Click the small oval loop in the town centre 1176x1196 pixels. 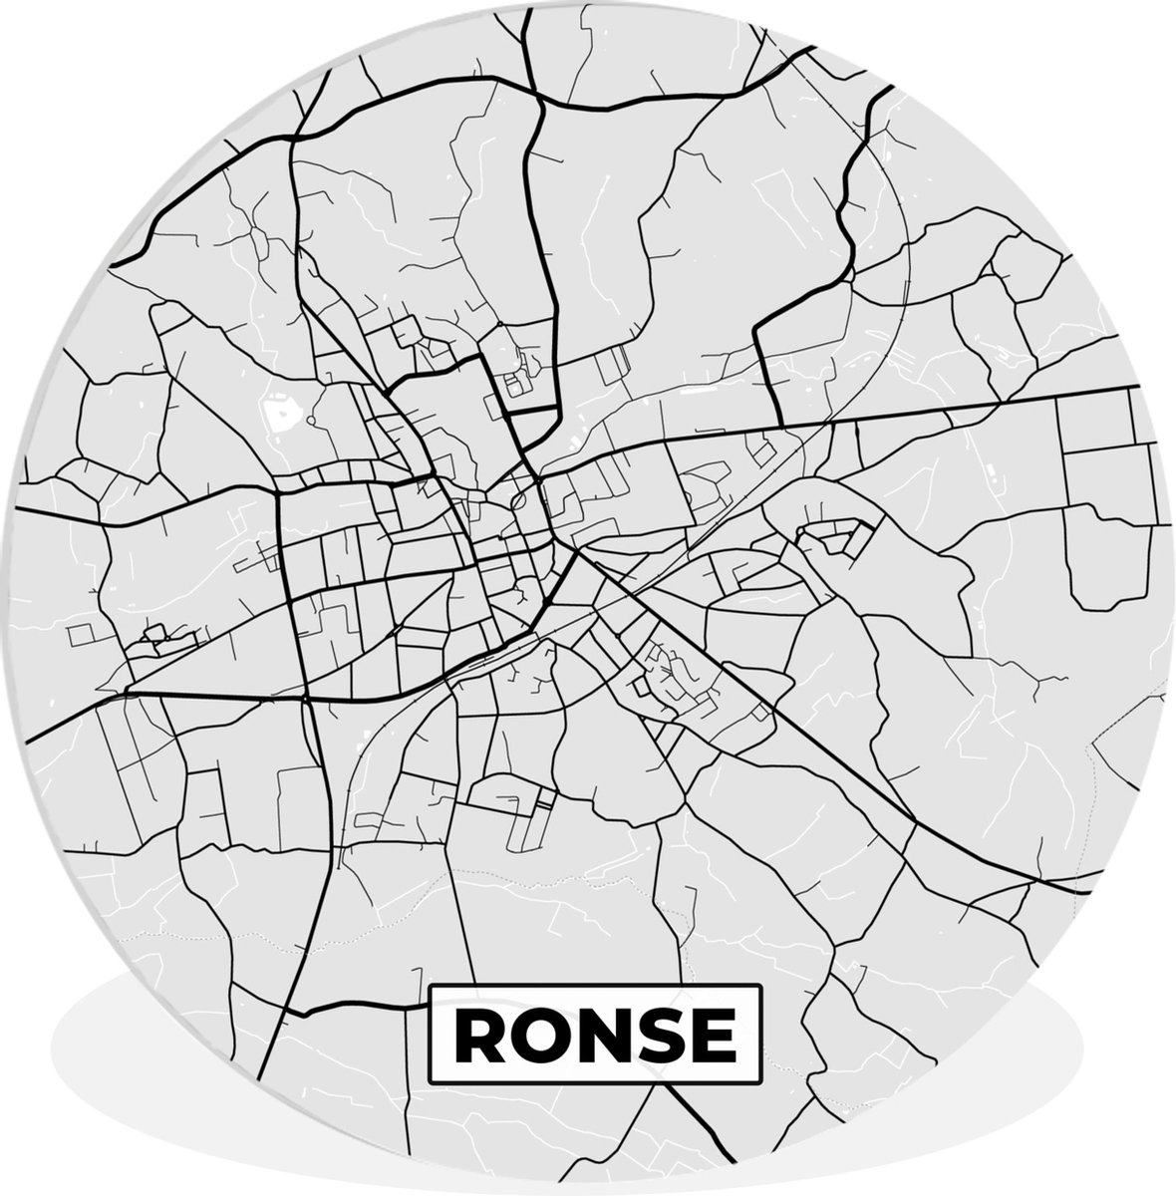tap(519, 502)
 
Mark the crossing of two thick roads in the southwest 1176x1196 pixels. tap(305, 697)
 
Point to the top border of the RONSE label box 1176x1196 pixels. tap(594, 986)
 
